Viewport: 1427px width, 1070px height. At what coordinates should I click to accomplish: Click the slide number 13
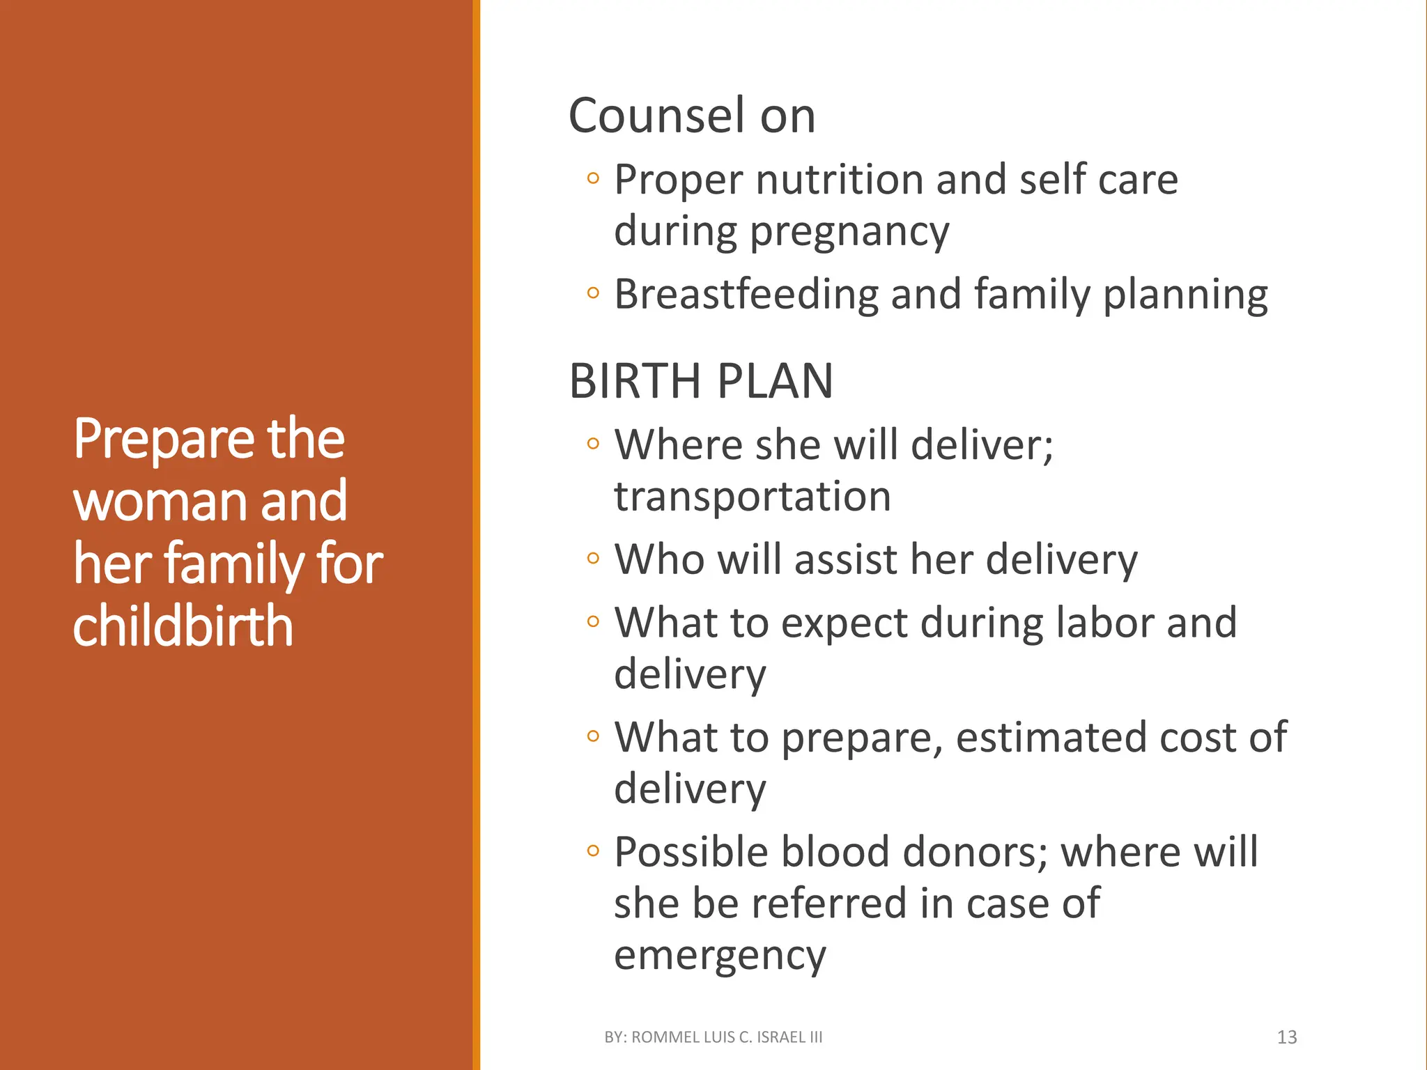(1286, 1037)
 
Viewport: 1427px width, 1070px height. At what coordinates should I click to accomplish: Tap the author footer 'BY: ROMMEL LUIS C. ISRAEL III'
(713, 1037)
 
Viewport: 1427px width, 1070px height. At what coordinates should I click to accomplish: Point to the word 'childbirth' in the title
(183, 626)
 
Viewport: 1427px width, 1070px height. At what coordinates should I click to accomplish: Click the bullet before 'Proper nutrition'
(593, 178)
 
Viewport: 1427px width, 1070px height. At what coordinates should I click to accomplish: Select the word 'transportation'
(753, 497)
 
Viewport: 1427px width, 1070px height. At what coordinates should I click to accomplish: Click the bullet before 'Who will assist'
(593, 558)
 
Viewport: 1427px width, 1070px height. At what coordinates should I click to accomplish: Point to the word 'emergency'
(720, 956)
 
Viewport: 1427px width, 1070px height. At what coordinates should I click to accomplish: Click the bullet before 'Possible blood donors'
(593, 851)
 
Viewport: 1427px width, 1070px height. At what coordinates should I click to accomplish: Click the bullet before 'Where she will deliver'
(593, 444)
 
